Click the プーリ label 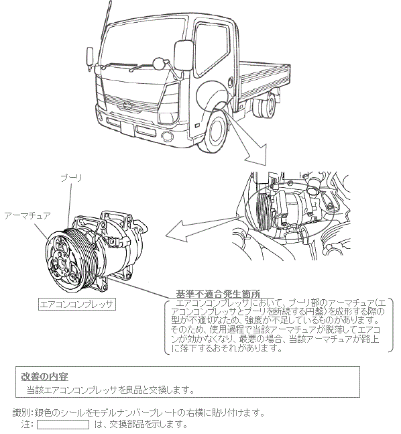point(71,178)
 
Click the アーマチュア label point(27,215)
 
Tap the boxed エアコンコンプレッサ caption point(76,305)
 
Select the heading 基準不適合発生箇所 point(218,293)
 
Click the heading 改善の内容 point(44,376)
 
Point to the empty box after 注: point(63,425)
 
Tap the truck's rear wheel point(266,106)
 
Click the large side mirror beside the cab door point(183,56)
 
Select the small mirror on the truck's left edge point(90,56)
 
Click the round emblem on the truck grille point(127,105)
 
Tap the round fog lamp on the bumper point(168,136)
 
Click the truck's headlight point(169,103)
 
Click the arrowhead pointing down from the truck point(256,154)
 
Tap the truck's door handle point(230,83)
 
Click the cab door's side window point(212,49)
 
